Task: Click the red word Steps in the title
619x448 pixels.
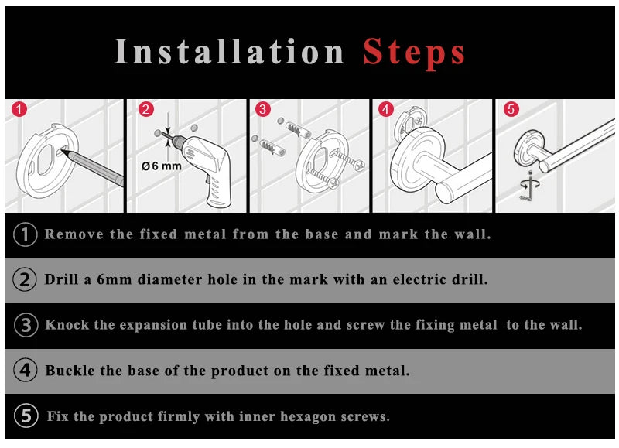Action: click(414, 52)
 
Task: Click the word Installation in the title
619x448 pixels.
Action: click(229, 51)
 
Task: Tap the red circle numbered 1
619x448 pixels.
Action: click(19, 109)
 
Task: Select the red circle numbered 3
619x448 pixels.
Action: click(263, 109)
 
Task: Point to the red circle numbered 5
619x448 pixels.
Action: click(511, 109)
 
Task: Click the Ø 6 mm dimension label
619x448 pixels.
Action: click(162, 166)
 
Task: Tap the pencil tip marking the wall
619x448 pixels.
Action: click(63, 151)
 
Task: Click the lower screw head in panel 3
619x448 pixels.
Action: click(333, 183)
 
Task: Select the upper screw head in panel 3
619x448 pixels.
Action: click(360, 166)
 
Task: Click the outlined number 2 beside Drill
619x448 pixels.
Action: click(25, 279)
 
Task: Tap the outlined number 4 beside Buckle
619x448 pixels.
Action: click(26, 371)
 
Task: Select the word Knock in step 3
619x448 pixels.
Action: click(67, 325)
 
